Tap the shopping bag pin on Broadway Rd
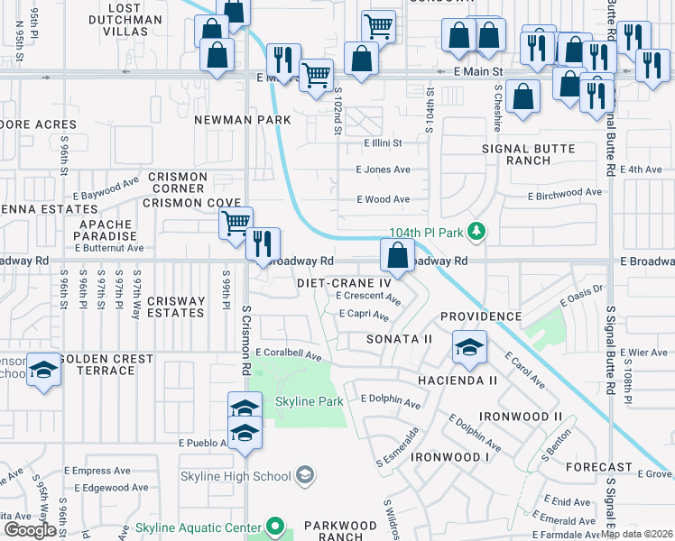click(x=397, y=257)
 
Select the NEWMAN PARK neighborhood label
click(x=242, y=120)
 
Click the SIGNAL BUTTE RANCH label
click(x=529, y=154)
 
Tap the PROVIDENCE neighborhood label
click(x=481, y=317)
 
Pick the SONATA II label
click(x=399, y=339)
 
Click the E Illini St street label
click(x=383, y=142)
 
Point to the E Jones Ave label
click(x=383, y=170)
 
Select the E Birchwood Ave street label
click(x=565, y=193)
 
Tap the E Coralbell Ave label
click(x=289, y=355)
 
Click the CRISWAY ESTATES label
click(x=176, y=307)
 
